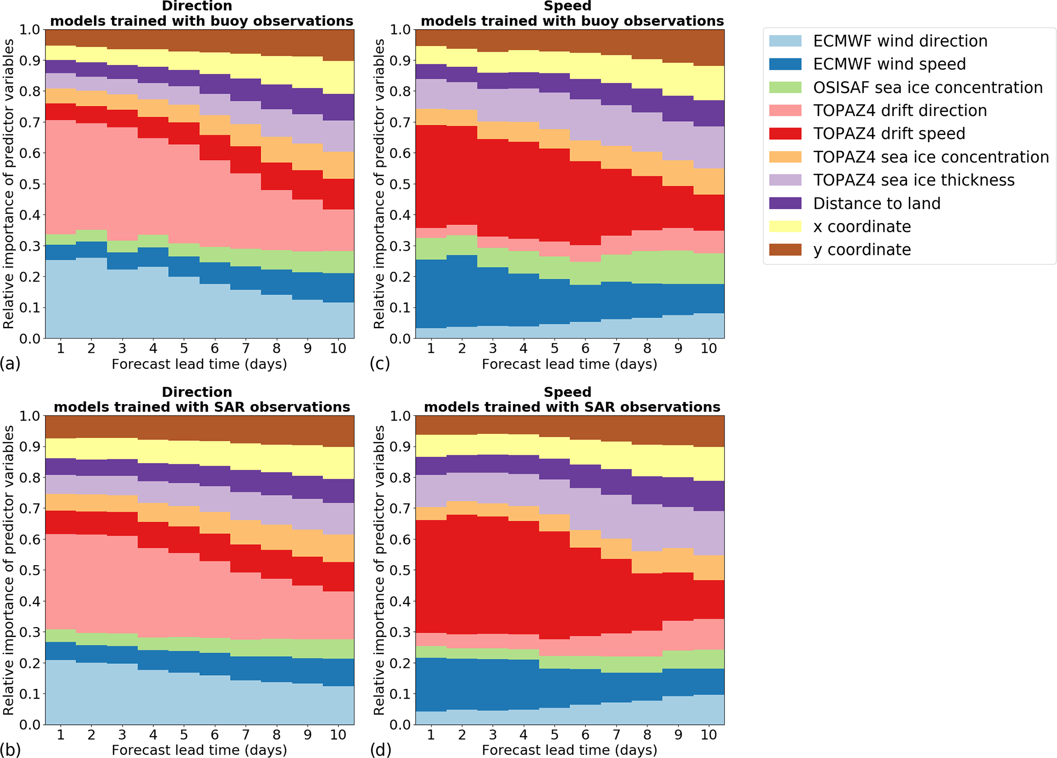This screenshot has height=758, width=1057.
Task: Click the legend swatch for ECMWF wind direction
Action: point(785,41)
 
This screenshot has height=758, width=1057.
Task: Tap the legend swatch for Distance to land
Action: point(785,203)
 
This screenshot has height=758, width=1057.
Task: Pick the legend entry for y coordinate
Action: point(862,250)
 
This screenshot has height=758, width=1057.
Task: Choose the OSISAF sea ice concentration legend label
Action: point(928,87)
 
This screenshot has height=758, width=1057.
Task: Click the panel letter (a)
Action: point(10,364)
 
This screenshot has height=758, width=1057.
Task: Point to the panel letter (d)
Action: point(380,749)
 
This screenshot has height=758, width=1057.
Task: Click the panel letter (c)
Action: point(380,364)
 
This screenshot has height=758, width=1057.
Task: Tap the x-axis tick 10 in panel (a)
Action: point(338,348)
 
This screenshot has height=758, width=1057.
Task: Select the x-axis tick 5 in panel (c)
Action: point(554,348)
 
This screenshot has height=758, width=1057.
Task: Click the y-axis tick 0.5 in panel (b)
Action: point(30,570)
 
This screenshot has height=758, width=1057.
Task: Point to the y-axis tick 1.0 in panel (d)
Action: point(400,415)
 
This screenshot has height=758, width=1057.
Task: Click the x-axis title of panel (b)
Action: point(199,750)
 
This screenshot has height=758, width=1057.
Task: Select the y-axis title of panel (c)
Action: point(379,184)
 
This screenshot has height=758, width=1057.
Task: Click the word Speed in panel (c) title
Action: point(568,6)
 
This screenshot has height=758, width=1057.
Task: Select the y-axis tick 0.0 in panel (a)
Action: point(30,339)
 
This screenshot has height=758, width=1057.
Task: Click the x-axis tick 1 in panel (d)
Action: point(431,734)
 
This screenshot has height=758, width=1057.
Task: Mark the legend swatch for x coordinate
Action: point(785,226)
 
